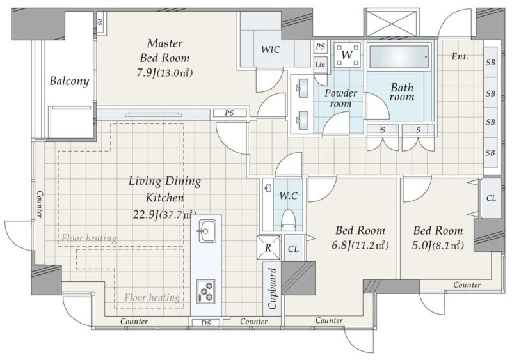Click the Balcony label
coord(69,81)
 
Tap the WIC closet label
coord(270,50)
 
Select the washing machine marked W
coord(348,54)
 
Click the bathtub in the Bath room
coord(399,57)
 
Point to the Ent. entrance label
coord(460,56)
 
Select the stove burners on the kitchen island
coord(205,291)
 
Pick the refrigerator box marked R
coord(268,247)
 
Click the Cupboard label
coord(273,288)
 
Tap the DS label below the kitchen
coord(205,323)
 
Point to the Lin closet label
coord(320,65)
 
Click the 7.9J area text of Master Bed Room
coord(147,73)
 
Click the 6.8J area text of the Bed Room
coord(342,245)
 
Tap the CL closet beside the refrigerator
coord(293,249)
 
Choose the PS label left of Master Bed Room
coord(100,22)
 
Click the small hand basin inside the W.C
coord(268,188)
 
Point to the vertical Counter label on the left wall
coord(39,205)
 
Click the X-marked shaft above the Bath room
coord(392,22)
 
